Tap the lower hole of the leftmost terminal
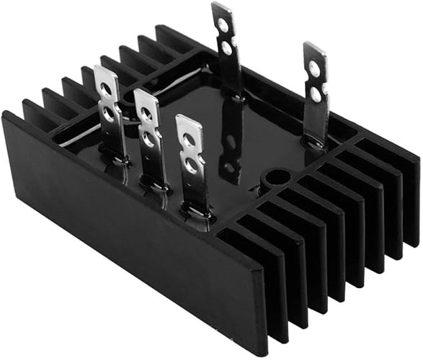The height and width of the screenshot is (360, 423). tap(109, 112)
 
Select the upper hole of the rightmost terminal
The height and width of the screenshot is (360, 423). tap(314, 69)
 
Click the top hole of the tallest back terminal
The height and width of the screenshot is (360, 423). tap(223, 25)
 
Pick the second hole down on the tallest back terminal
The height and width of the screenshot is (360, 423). tap(227, 48)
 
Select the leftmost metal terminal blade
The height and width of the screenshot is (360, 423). tap(110, 115)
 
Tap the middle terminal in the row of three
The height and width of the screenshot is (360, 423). tap(149, 140)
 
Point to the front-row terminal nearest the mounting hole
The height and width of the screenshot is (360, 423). tap(191, 162)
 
